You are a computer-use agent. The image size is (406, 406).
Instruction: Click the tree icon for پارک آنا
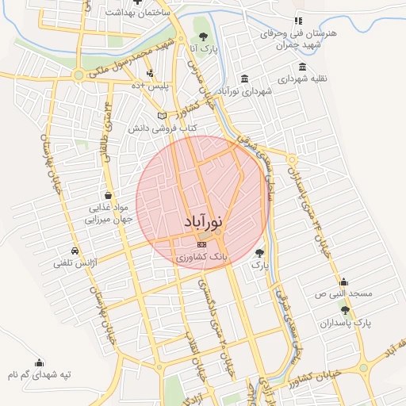coord(203,36)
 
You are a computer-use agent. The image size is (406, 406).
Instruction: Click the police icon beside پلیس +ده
coord(139,73)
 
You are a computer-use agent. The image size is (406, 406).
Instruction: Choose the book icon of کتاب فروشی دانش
coord(163,116)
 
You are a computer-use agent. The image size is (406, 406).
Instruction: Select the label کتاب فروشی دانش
coord(163,128)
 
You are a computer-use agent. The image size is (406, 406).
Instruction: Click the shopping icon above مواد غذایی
coord(107,195)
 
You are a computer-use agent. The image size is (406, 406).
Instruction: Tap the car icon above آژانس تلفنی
coord(75,251)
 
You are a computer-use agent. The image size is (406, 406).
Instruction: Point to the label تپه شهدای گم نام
coord(40,373)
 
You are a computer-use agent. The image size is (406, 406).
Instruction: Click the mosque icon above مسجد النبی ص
coord(343,282)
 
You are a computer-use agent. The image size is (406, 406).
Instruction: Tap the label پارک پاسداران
coord(346,324)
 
